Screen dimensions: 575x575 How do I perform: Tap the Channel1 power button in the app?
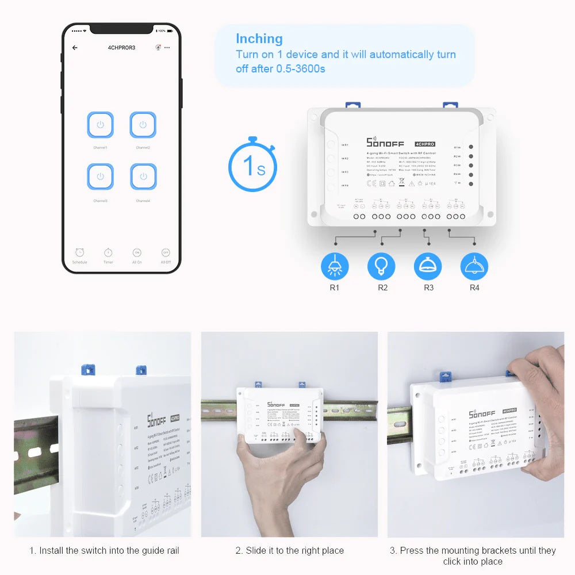pos(100,125)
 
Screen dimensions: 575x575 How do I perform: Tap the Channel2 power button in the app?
pos(143,125)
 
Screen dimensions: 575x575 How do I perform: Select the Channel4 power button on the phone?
pos(143,177)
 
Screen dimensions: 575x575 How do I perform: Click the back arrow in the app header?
pos(75,48)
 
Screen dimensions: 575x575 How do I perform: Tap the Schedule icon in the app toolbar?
pos(79,252)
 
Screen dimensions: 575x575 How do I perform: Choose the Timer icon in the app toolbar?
pos(108,252)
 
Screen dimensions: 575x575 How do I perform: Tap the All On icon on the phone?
pos(137,252)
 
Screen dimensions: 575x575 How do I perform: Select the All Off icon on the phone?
pos(166,252)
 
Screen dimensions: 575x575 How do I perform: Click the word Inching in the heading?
pos(259,39)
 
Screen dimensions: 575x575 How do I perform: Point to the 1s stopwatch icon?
pos(252,166)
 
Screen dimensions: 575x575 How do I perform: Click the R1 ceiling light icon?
pos(334,266)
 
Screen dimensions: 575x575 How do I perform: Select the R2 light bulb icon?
pos(381,266)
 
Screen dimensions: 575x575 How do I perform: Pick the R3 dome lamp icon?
pos(428,266)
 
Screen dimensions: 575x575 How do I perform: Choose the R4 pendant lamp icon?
pos(474,266)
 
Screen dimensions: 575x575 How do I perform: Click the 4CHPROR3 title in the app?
pos(121,48)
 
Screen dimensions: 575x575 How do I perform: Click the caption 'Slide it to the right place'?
pos(289,550)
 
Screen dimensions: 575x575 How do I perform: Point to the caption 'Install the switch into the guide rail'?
pos(104,550)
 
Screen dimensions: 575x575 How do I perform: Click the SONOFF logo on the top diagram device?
pos(385,142)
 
